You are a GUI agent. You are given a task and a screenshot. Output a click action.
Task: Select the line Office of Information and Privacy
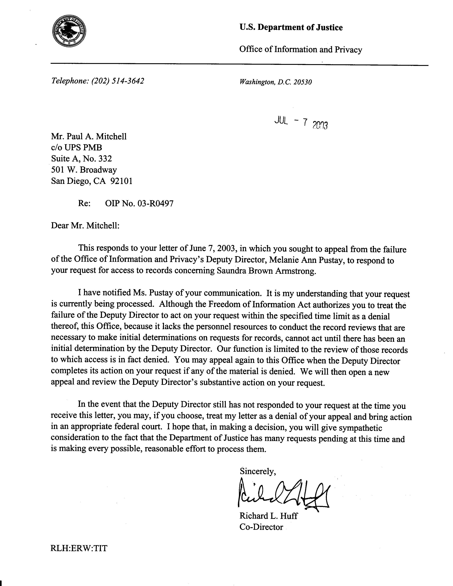pos(301,49)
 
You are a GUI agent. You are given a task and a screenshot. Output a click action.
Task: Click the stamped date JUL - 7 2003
pos(301,123)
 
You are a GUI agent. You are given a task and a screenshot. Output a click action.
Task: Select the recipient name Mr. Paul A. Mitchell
pos(89,137)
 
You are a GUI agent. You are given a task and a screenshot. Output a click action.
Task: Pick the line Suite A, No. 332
pos(81,159)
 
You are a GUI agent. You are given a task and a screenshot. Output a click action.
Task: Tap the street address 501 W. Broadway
pos(84,170)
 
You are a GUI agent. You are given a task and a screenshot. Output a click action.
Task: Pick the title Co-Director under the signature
pos(261,527)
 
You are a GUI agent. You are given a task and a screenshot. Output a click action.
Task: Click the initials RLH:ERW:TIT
pos(79,548)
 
